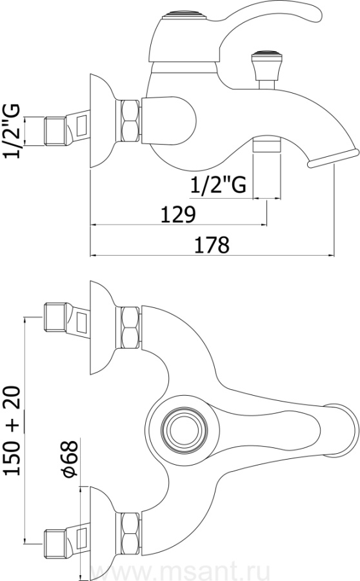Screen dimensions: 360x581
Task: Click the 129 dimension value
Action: point(178,215)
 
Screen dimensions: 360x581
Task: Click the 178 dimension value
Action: point(212,245)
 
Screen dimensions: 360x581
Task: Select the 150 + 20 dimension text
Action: point(12,430)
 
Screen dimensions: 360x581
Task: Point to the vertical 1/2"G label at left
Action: point(12,131)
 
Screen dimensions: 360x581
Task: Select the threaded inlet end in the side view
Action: point(55,131)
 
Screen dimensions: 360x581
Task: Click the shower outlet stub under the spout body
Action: point(266,144)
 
